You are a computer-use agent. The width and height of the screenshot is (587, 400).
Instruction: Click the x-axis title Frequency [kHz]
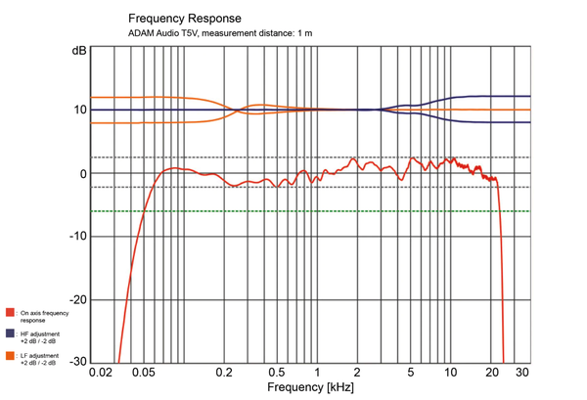pyautogui.click(x=309, y=388)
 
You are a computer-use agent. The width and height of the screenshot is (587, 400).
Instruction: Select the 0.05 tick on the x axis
pyautogui.click(x=144, y=375)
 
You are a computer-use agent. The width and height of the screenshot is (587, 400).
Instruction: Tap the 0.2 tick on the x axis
pyautogui.click(x=225, y=375)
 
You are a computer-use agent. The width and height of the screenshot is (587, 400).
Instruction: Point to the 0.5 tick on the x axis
pyautogui.click(x=278, y=375)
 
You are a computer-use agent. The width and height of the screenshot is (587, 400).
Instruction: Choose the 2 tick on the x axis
pyautogui.click(x=357, y=375)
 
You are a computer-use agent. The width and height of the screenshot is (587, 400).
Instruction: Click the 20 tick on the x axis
pyautogui.click(x=490, y=375)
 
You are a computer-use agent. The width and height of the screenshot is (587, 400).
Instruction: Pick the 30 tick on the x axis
pyautogui.click(x=521, y=375)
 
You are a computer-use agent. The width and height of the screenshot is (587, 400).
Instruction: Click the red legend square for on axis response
pyautogui.click(x=9, y=313)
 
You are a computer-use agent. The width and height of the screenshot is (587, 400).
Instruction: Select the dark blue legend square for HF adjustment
pyautogui.click(x=9, y=333)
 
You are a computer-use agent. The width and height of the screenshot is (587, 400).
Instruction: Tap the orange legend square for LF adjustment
pyautogui.click(x=9, y=355)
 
